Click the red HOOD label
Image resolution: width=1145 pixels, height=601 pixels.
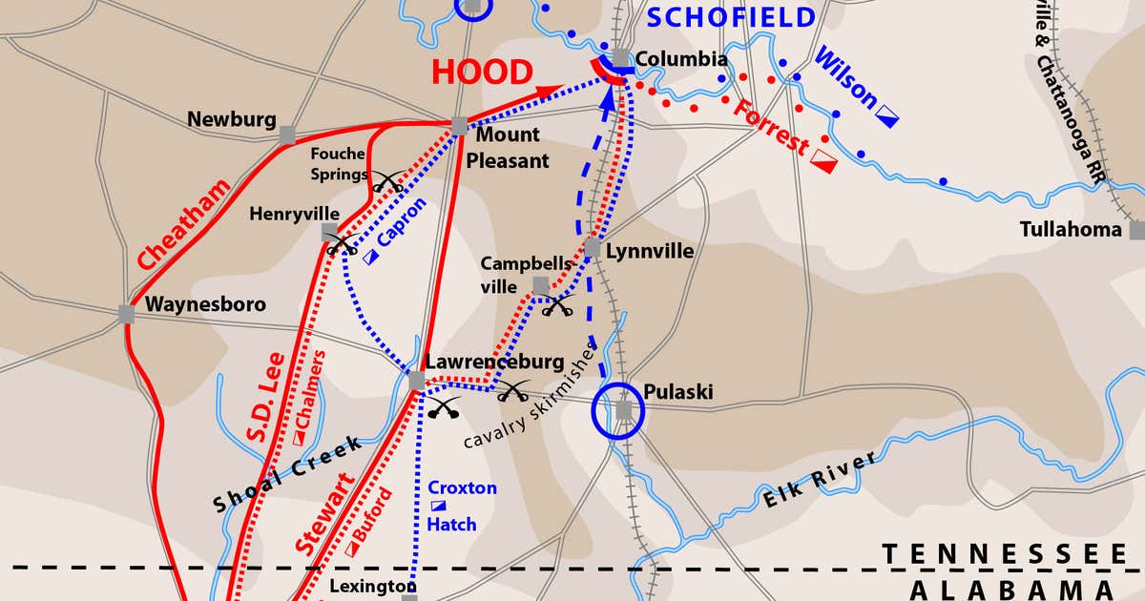(x=482, y=73)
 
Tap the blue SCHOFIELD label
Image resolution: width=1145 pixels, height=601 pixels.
(x=732, y=17)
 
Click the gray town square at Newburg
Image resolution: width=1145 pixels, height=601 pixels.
(x=287, y=135)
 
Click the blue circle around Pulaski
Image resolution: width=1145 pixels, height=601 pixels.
(x=618, y=412)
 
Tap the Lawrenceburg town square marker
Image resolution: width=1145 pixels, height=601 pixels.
(x=416, y=381)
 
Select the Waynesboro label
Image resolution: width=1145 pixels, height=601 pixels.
(x=205, y=304)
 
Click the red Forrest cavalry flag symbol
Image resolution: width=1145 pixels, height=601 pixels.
(x=823, y=163)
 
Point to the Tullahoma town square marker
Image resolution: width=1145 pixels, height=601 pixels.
(x=1136, y=230)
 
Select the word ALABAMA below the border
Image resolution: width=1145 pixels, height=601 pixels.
(x=1010, y=589)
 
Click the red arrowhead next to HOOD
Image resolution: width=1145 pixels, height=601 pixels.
(x=550, y=91)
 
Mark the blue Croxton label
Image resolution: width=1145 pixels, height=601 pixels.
(x=462, y=487)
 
